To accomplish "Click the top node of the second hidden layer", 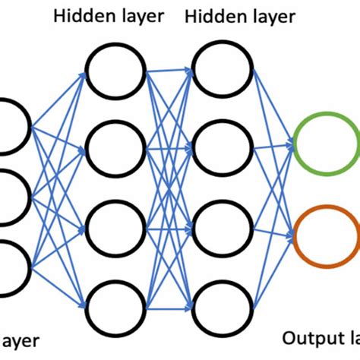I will click(x=222, y=68).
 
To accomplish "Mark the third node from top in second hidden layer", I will click(x=222, y=226).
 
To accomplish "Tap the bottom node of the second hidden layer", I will click(x=222, y=303).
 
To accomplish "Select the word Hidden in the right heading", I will click(x=210, y=15).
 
